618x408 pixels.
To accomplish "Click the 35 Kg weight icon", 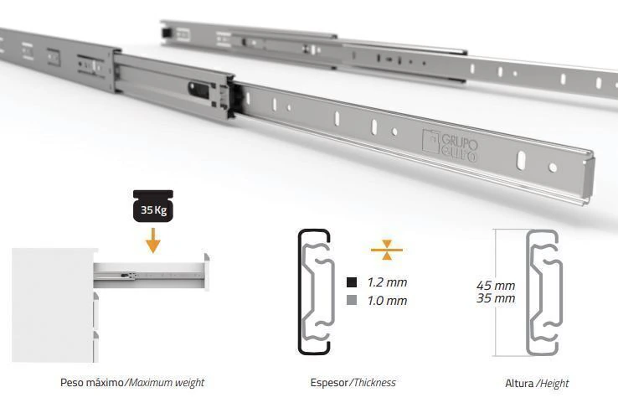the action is pos(153,206).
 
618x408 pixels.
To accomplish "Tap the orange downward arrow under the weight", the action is pos(153,240).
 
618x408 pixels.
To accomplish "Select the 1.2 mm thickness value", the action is pos(387,282).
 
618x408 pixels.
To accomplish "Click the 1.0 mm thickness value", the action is pos(387,301).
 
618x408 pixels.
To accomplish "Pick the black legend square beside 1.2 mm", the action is pos(352,282).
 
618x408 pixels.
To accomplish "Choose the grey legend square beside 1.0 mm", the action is pos(352,301).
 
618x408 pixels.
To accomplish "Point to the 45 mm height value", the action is pos(496,285).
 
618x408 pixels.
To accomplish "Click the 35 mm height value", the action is pos(496,298).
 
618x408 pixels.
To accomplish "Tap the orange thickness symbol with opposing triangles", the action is pos(387,250).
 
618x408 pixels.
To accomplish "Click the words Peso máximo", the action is pos(92,382).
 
